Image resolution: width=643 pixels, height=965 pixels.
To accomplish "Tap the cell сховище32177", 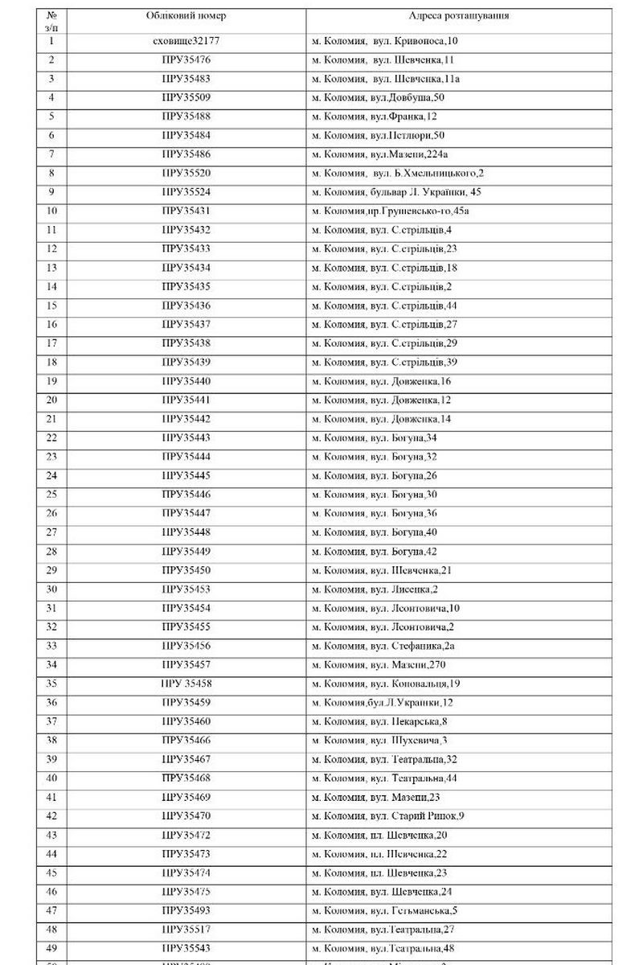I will point(186,41).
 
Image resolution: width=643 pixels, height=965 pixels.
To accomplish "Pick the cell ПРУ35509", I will point(186,97).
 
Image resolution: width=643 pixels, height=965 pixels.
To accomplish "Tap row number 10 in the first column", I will point(52,211).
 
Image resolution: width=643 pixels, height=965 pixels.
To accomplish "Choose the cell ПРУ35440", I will point(186,381).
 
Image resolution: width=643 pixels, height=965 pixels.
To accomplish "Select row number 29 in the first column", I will point(52,570).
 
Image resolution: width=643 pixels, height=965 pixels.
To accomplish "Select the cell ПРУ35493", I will point(186,910).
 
